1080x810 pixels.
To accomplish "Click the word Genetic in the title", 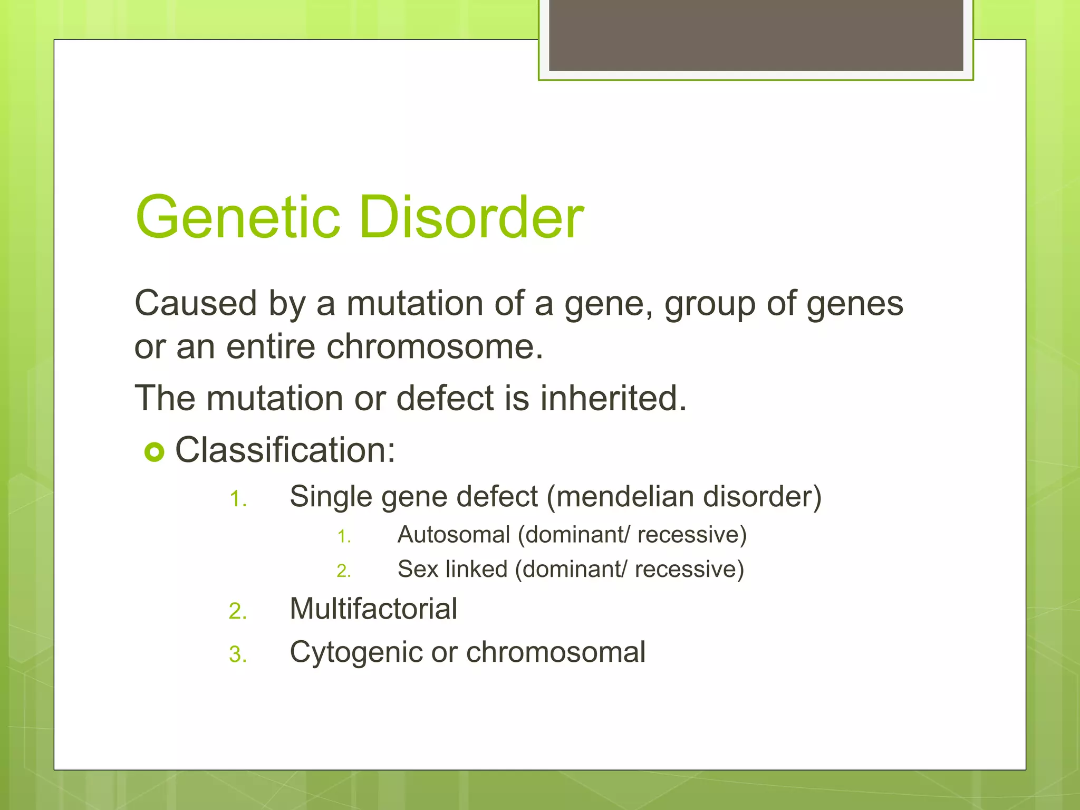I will click(238, 217).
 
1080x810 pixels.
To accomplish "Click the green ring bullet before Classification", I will click(155, 452).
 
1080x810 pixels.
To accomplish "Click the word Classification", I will click(285, 450).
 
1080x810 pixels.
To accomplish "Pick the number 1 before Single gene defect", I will click(238, 499).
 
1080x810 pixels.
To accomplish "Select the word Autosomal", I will click(454, 535).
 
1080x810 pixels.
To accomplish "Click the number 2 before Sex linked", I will click(343, 571).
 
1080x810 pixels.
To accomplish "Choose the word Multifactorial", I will click(373, 609).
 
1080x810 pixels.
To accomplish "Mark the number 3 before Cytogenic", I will click(237, 655).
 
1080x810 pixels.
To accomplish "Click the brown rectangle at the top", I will click(756, 35).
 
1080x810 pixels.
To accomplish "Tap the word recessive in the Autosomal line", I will click(691, 535).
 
